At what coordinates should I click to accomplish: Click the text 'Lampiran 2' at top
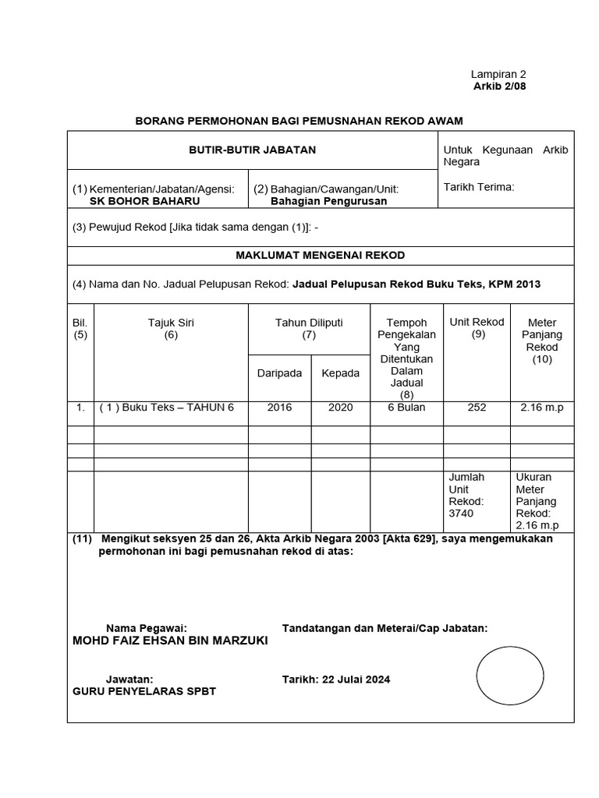pos(499,74)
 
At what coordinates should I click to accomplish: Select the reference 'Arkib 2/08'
pos(500,86)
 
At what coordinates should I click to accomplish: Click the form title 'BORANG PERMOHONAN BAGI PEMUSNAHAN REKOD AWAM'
pos(299,121)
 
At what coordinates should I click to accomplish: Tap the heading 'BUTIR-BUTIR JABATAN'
pos(253,150)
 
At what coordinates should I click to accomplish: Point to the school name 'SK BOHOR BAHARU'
pos(145,200)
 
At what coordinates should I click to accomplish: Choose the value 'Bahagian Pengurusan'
pos(328,200)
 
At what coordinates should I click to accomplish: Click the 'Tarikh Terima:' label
pos(479,187)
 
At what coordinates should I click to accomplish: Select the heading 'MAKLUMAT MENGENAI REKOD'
pos(321,255)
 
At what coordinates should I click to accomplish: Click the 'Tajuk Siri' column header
pos(171,322)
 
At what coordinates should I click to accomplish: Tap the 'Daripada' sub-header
pos(279,373)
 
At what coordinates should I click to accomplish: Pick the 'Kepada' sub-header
pos(341,373)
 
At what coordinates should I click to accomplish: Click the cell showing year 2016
pos(279,408)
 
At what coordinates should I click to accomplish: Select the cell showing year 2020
pos(341,408)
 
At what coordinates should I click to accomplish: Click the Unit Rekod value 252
pos(477,408)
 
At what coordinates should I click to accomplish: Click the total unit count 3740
pos(461,514)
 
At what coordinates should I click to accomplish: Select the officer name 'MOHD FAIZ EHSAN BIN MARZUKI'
pos(169,641)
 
